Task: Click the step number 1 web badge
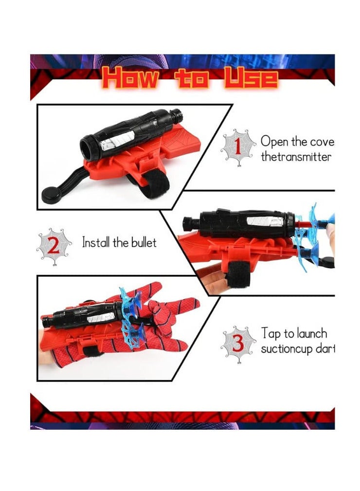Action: click(238, 146)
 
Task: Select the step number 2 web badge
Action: click(54, 246)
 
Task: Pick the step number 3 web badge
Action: click(238, 343)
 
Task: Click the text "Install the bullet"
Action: click(119, 242)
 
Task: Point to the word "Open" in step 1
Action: click(275, 142)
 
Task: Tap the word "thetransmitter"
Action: click(296, 157)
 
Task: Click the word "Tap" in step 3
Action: click(270, 333)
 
